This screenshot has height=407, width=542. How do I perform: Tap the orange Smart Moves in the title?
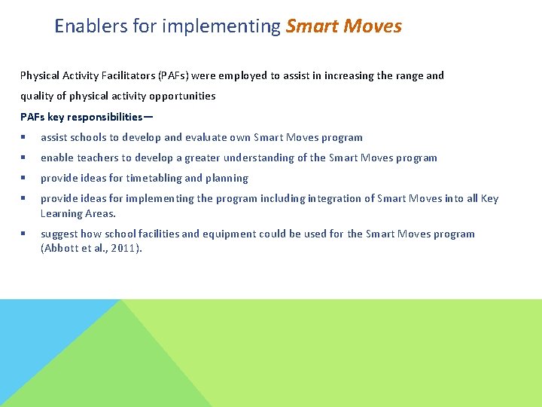[344, 26]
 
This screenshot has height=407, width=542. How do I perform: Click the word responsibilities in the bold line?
[104, 117]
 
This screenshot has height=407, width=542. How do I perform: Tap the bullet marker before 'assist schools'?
[25, 138]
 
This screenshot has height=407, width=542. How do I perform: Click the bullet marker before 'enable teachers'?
[25, 158]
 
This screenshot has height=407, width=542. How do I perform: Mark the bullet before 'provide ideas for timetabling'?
[25, 179]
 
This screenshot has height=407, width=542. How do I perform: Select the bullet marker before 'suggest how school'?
[25, 234]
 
